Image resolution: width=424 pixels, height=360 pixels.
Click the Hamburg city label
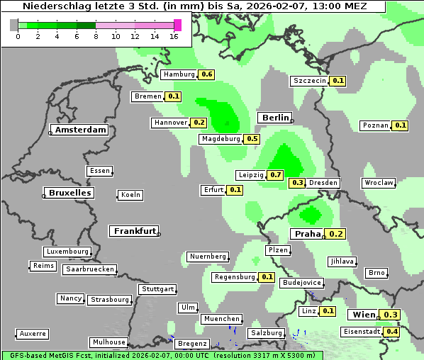pyautogui.click(x=178, y=74)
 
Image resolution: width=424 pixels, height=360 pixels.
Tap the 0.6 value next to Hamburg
pyautogui.click(x=206, y=74)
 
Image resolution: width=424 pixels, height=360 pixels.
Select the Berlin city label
pyautogui.click(x=275, y=118)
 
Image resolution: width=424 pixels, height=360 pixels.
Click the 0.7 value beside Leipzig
pyautogui.click(x=276, y=175)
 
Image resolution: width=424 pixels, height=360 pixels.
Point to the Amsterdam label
pyautogui.click(x=80, y=130)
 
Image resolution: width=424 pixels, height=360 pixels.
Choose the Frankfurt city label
pyautogui.click(x=134, y=231)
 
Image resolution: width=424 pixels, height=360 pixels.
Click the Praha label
pyautogui.click(x=308, y=234)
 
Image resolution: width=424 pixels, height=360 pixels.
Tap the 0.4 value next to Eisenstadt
pyautogui.click(x=391, y=332)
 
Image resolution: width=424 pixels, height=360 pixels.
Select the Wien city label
pyautogui.click(x=364, y=315)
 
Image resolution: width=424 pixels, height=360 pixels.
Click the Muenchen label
pyautogui.click(x=221, y=320)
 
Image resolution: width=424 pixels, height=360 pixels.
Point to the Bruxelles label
pyautogui.click(x=69, y=193)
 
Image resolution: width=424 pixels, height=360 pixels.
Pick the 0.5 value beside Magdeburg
pyautogui.click(x=252, y=139)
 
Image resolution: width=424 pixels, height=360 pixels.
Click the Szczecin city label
pyautogui.click(x=309, y=81)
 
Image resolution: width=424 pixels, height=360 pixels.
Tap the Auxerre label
pyautogui.click(x=33, y=333)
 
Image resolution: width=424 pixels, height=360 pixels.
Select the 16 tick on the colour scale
pyautogui.click(x=174, y=36)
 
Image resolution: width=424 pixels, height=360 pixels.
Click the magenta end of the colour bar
pyautogui.click(x=177, y=25)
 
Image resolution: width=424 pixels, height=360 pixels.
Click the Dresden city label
pyautogui.click(x=323, y=183)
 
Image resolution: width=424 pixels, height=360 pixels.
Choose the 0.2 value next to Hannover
pyautogui.click(x=199, y=123)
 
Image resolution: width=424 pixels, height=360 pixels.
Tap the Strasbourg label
pyautogui.click(x=110, y=300)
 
